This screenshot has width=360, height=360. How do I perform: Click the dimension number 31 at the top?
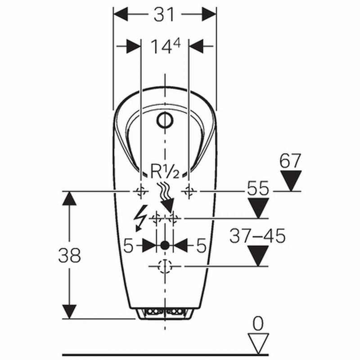[164, 14]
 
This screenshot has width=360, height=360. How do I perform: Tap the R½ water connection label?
[165, 171]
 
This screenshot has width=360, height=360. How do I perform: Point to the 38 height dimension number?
[69, 255]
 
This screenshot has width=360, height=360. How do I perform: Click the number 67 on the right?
[290, 161]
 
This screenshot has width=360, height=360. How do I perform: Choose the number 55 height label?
[258, 188]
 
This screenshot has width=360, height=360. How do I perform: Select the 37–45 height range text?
[257, 236]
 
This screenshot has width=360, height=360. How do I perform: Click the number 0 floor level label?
[258, 324]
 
